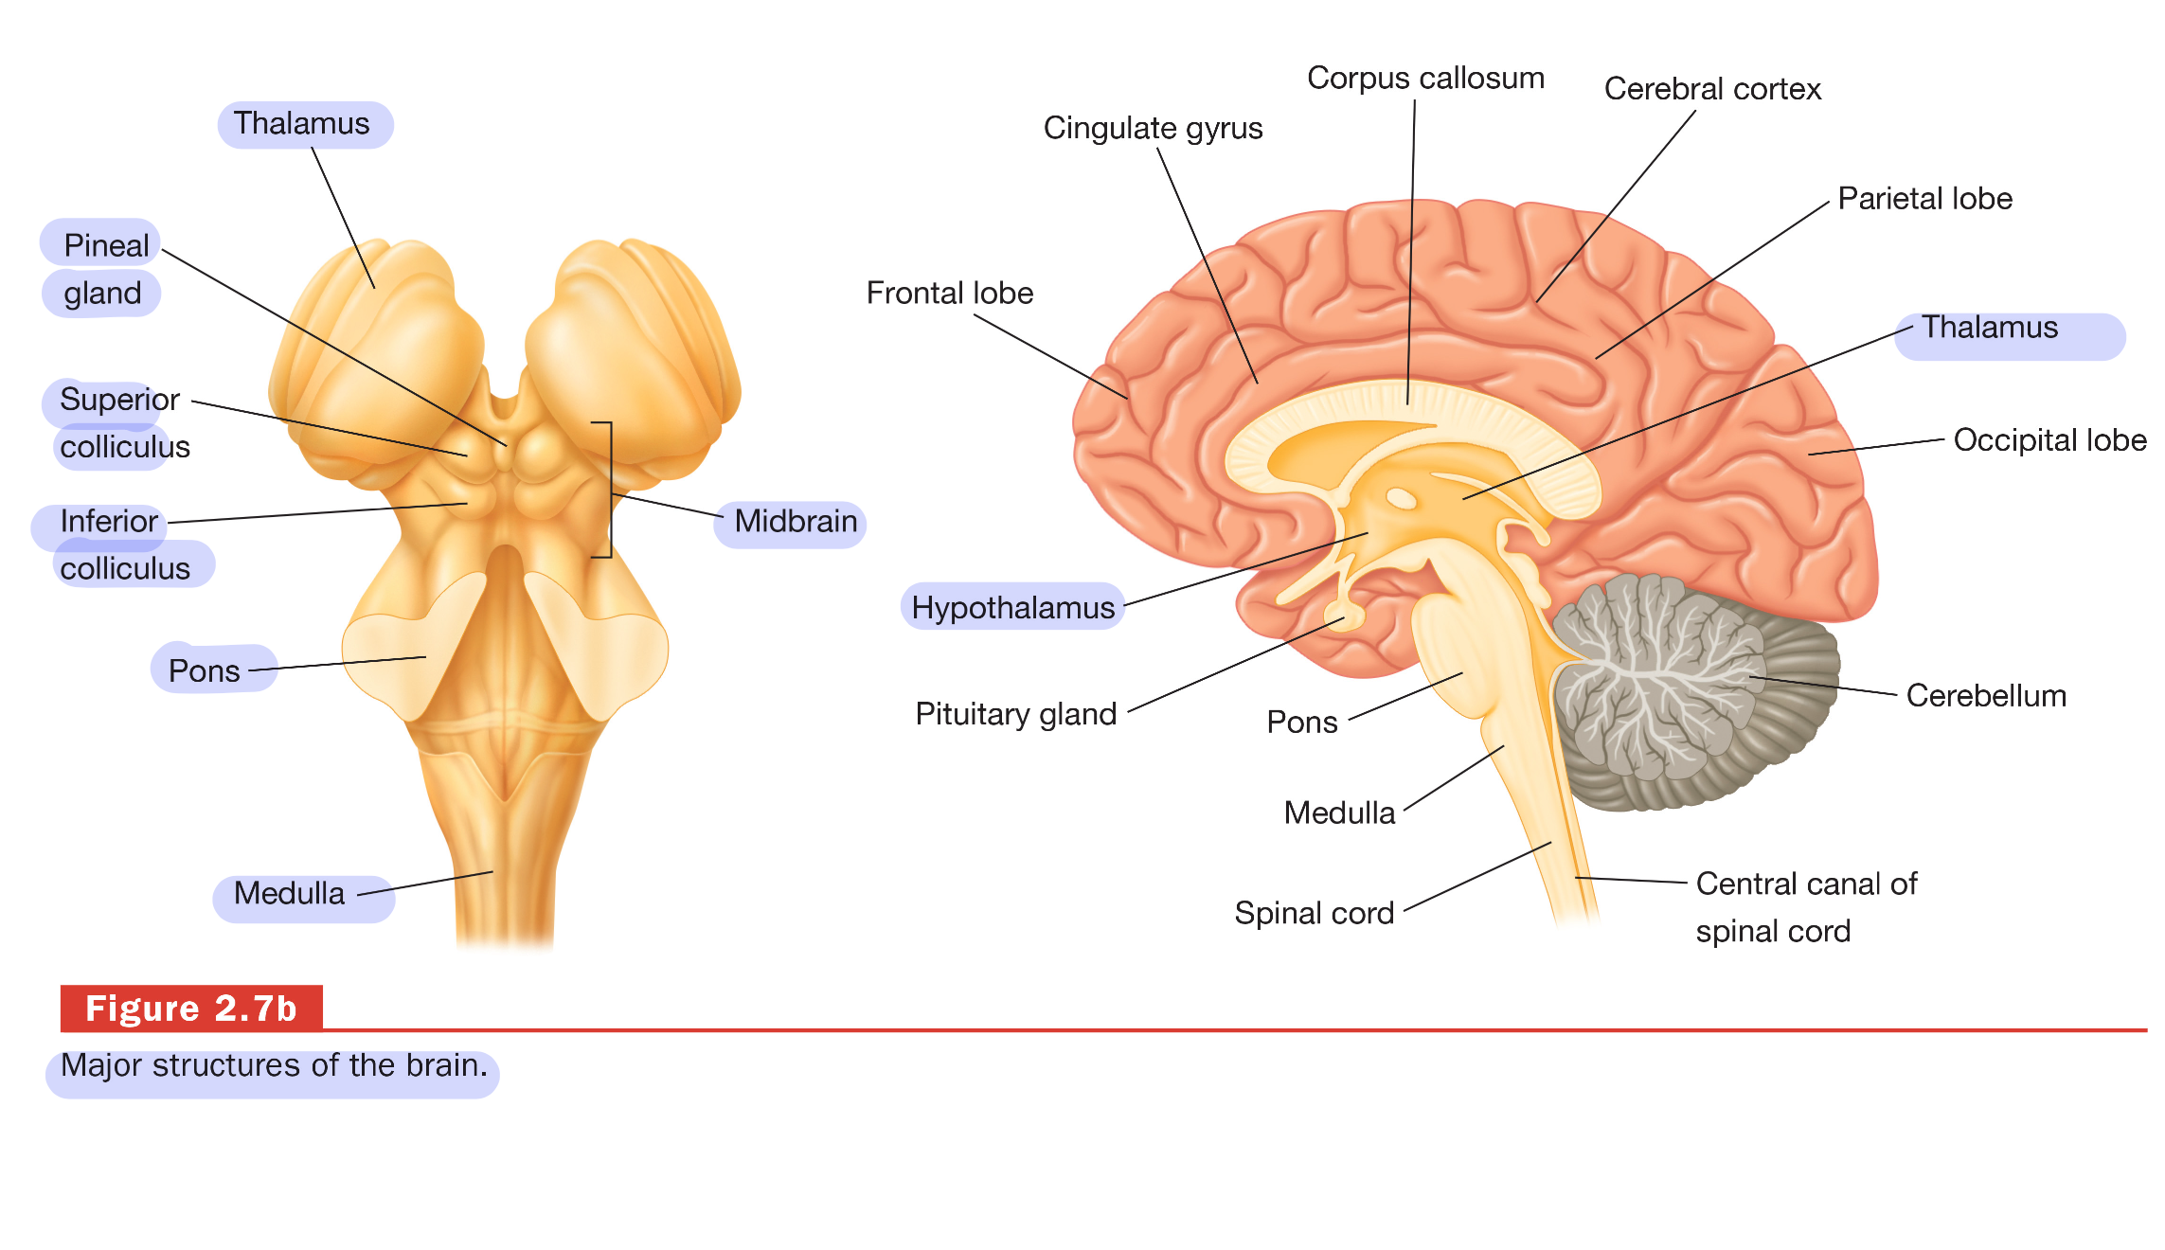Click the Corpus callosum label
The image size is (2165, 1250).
tap(1424, 79)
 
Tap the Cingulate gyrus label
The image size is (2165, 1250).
tap(1152, 129)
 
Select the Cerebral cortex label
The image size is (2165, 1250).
tap(1711, 90)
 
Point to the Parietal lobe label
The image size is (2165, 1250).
tap(1923, 199)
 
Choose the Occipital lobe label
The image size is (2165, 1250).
tap(2049, 440)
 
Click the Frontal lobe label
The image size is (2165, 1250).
tap(949, 294)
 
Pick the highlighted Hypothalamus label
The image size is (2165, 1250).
tap(1011, 608)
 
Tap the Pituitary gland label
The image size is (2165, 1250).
tap(1015, 714)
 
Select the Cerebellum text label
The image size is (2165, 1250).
tap(1985, 696)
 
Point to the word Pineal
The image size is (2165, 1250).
tap(105, 246)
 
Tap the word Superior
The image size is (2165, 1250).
tap(119, 400)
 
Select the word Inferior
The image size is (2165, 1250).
tap(108, 522)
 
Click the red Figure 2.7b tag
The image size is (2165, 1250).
tap(191, 1009)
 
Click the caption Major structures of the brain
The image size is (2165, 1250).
tap(273, 1066)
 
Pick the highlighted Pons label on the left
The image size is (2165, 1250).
tap(204, 671)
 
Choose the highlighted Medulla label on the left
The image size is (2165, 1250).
tap(289, 894)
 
